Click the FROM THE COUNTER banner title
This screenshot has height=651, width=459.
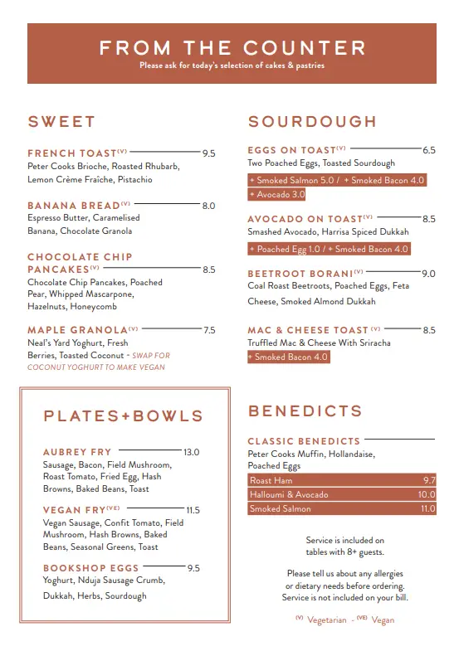[232, 48]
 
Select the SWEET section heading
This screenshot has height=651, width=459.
[61, 122]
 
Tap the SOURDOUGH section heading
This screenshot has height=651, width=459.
[312, 122]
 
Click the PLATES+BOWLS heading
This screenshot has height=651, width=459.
[123, 416]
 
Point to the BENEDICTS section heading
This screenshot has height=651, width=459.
[305, 411]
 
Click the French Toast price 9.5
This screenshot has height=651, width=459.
[208, 153]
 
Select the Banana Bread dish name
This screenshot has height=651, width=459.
[73, 206]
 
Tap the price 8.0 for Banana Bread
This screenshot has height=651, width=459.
[208, 206]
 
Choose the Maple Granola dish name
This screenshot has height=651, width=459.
[77, 330]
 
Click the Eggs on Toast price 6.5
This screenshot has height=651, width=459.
[428, 151]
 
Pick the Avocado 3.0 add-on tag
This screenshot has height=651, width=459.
[277, 195]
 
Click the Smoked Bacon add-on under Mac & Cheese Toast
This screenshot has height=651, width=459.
[288, 357]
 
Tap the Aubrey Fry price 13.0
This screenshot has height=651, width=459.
[191, 452]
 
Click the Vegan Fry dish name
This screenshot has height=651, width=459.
[74, 510]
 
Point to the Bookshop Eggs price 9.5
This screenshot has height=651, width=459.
[193, 568]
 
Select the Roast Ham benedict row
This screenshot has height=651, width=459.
[341, 480]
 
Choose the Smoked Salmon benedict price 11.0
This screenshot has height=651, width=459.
[427, 509]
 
